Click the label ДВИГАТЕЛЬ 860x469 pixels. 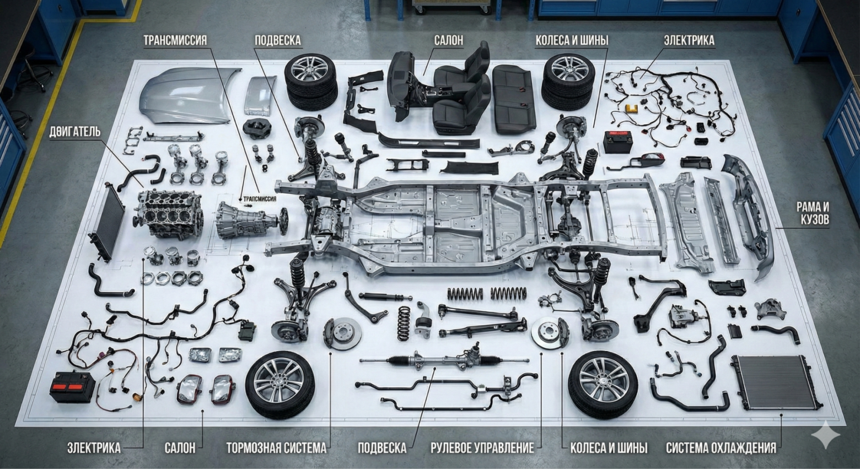tap(75, 132)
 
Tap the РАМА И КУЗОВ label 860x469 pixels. tap(813, 213)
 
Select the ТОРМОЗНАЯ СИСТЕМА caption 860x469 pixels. tap(276, 448)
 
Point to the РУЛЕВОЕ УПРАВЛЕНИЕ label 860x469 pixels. tap(482, 448)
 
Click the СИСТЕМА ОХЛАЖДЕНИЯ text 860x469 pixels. tap(721, 448)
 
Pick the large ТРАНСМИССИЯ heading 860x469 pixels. tap(175, 40)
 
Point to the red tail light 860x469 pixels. tap(652, 159)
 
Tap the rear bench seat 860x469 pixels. tap(514, 99)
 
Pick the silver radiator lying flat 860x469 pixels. tap(776, 382)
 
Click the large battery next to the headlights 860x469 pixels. tap(73, 386)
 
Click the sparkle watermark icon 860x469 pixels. tap(825, 434)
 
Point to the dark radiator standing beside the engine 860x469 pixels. tap(108, 223)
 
